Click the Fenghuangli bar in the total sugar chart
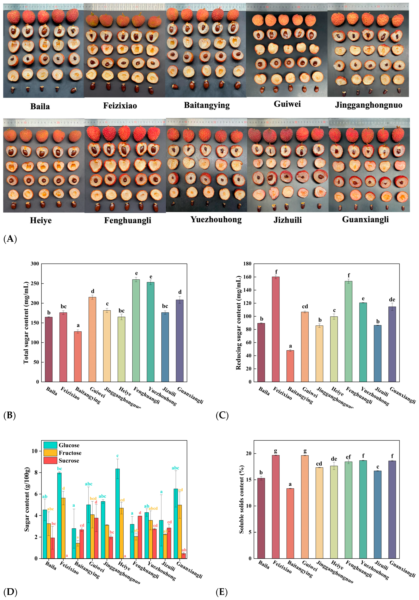coord(136,331)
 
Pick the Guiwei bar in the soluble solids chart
coord(305,507)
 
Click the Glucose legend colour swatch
coord(50,445)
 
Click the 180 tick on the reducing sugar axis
coord(247,264)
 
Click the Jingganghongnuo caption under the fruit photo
coord(368,105)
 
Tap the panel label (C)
coord(222,416)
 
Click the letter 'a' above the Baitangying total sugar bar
coord(78,325)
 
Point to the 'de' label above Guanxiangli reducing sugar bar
coord(392,299)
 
